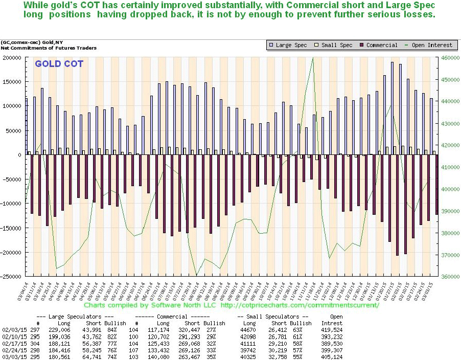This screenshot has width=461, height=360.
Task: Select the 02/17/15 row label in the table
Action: point(11,343)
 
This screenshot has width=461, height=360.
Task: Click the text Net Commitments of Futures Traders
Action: point(49,48)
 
